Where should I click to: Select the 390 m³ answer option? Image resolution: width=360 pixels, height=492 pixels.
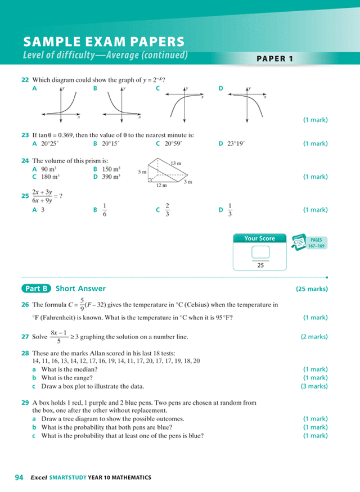[111, 177]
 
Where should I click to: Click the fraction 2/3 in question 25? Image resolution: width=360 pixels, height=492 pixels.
[167, 210]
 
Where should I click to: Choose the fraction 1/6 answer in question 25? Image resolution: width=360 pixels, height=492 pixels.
[105, 210]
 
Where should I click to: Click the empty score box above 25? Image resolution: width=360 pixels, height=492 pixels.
[260, 252]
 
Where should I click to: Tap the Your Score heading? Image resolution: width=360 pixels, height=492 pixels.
[260, 238]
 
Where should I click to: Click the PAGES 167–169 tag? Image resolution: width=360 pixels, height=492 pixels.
[316, 242]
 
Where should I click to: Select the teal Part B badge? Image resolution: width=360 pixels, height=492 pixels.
[37, 288]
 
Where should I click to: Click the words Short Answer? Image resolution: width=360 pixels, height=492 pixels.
[80, 288]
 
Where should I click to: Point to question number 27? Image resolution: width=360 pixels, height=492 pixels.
[25, 337]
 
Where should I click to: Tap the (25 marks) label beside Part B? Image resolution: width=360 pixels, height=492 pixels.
[312, 289]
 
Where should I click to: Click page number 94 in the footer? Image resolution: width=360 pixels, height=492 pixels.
[19, 477]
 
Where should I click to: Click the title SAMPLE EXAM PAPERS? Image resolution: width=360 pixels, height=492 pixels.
[103, 42]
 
